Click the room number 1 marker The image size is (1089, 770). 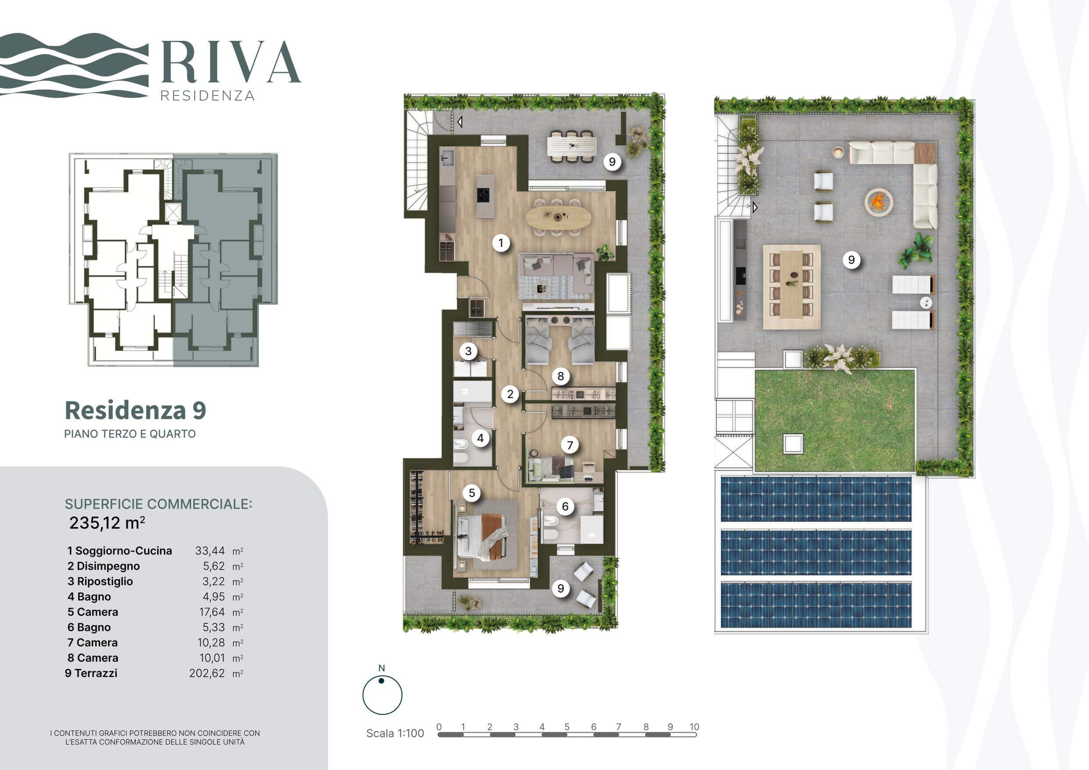click(x=501, y=243)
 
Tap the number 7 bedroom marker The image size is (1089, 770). click(x=570, y=445)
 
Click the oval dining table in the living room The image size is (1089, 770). click(x=558, y=218)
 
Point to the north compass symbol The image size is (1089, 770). click(x=382, y=694)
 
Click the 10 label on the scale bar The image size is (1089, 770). click(x=694, y=727)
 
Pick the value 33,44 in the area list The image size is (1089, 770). click(x=210, y=551)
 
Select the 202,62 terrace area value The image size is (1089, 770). click(x=207, y=673)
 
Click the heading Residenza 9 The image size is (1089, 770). click(x=135, y=410)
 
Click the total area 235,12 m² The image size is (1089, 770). click(x=107, y=523)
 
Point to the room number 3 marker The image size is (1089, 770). click(x=468, y=351)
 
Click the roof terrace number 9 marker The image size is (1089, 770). click(x=851, y=260)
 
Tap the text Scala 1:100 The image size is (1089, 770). click(x=395, y=733)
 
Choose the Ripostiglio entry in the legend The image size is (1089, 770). click(x=100, y=581)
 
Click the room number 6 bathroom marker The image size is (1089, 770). click(x=565, y=506)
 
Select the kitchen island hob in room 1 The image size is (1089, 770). click(x=484, y=195)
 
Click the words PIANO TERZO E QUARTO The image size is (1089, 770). click(x=130, y=434)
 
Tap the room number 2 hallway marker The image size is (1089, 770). click(x=510, y=394)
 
